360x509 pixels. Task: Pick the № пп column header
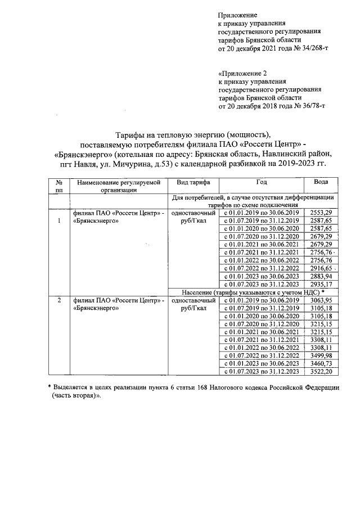[58, 186]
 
